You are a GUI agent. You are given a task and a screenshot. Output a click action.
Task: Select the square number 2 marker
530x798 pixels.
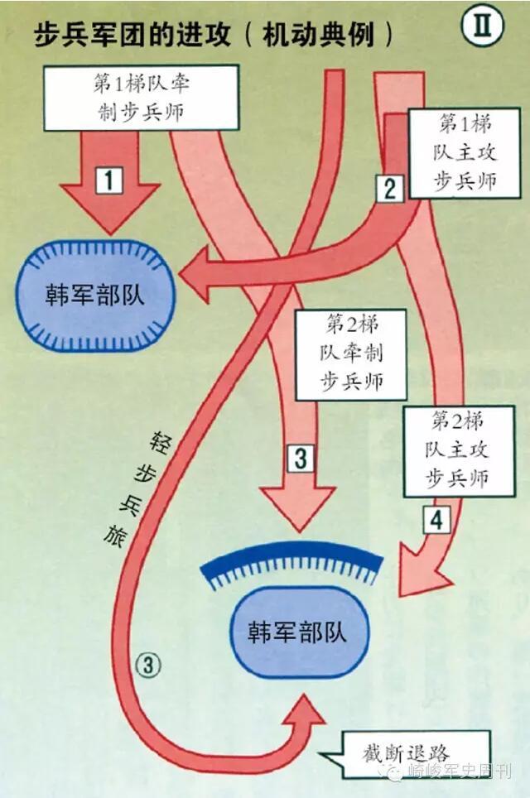pyautogui.click(x=389, y=189)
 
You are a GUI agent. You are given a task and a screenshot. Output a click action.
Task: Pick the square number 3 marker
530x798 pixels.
pyautogui.click(x=300, y=458)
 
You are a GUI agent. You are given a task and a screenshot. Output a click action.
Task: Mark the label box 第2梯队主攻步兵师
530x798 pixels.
pyautogui.click(x=459, y=450)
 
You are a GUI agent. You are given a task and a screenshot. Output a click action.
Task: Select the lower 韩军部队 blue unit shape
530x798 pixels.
pyautogui.click(x=296, y=632)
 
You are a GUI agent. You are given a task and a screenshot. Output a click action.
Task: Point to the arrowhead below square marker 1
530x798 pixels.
pyautogui.click(x=111, y=214)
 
